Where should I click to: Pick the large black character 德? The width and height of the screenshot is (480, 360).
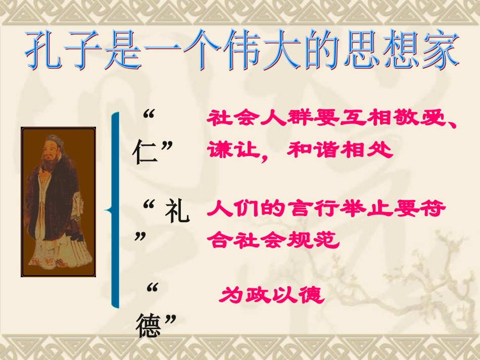(150, 326)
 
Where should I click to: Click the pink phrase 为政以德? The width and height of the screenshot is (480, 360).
(271, 294)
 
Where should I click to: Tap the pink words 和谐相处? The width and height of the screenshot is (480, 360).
(340, 150)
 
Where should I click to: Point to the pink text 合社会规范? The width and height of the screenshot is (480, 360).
(272, 239)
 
